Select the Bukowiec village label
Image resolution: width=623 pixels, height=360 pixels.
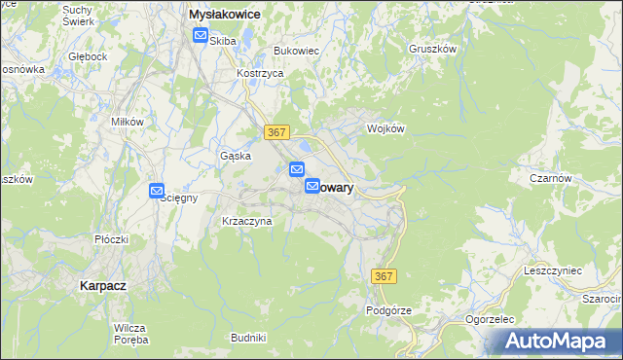coord(296,50)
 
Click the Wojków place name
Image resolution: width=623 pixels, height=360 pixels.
coord(385,128)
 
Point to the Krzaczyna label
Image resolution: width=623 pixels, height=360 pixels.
coord(247,222)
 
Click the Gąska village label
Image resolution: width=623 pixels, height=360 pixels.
coord(236,155)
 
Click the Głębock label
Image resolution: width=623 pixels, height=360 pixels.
coord(88,56)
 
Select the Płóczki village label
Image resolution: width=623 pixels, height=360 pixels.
coord(112,238)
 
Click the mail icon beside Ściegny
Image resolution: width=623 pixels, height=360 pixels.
coord(157,192)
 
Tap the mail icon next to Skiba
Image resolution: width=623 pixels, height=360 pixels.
coord(200,36)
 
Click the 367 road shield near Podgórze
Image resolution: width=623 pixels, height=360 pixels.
coord(385,277)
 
